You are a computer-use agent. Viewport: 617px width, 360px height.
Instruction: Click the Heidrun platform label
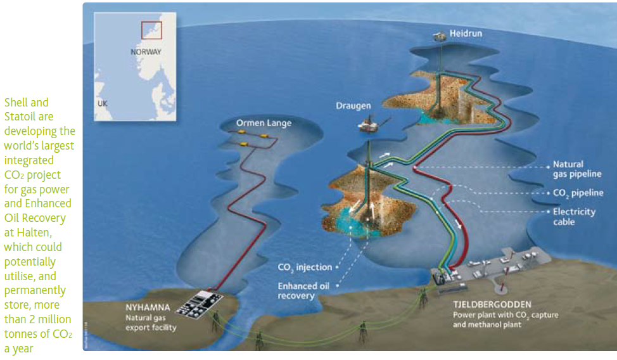click(466, 32)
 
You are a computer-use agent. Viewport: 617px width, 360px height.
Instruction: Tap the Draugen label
click(353, 106)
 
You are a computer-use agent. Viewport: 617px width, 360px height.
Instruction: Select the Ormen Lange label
click(264, 123)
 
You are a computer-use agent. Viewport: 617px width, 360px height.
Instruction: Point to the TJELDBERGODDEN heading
click(492, 305)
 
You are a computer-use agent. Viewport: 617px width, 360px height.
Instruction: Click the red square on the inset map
click(151, 30)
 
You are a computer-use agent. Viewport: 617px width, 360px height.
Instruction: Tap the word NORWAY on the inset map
click(145, 52)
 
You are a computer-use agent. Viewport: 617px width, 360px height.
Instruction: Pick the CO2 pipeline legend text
click(574, 193)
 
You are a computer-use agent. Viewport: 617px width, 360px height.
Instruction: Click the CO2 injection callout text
click(305, 267)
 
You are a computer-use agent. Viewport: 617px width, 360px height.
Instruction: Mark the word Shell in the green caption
click(16, 102)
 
